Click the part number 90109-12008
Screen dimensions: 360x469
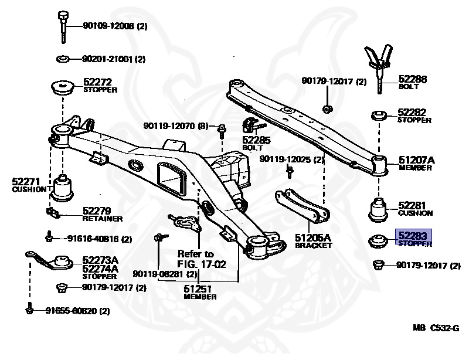(x=109, y=26)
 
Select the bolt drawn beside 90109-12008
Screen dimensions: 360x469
(x=62, y=26)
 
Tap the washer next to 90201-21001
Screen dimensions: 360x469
(x=63, y=59)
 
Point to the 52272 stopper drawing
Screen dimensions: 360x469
(x=62, y=88)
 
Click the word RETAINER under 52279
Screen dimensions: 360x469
(x=103, y=219)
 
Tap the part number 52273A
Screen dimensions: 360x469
(x=100, y=260)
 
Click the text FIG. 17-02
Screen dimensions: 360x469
(x=201, y=264)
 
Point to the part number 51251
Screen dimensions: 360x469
(x=200, y=289)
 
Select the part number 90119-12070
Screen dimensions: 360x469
(x=169, y=126)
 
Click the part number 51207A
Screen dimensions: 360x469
(x=417, y=159)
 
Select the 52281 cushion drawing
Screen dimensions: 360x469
(x=379, y=209)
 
